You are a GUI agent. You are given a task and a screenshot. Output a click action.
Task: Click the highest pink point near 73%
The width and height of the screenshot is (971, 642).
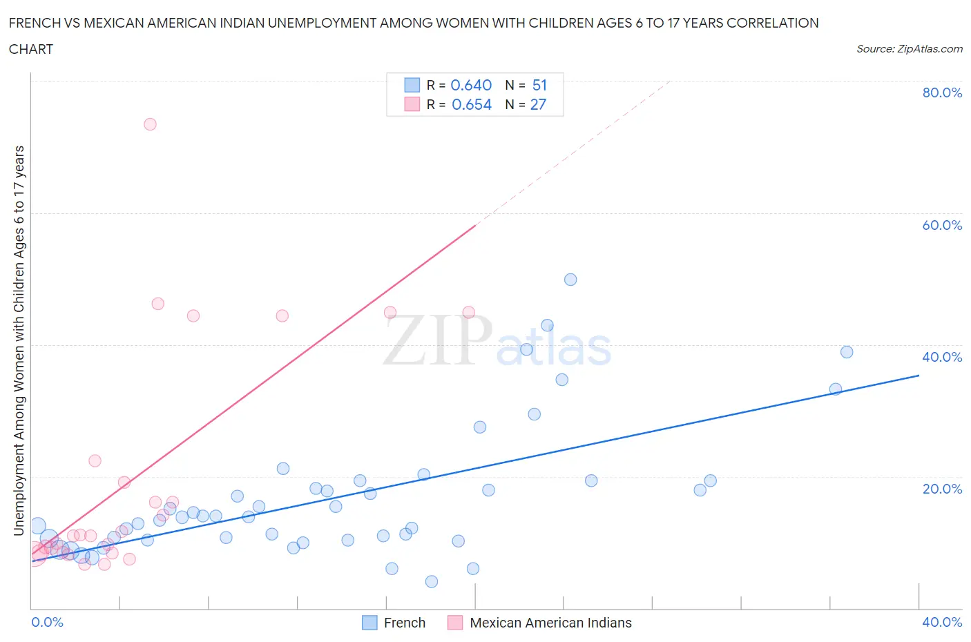coord(150,124)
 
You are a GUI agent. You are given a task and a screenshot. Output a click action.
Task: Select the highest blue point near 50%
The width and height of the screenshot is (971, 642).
coord(570,280)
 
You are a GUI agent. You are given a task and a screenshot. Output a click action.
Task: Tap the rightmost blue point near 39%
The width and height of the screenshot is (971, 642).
coord(847,352)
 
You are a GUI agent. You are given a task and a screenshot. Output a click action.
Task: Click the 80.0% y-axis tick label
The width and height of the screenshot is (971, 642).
coord(942,93)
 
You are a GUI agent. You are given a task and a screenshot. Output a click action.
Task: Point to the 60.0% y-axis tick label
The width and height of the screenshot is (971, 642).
coord(942,225)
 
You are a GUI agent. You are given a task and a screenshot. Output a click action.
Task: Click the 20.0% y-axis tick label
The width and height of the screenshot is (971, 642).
coord(942,489)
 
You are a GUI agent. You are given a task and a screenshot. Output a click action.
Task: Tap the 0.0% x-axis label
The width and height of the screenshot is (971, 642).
coord(47,622)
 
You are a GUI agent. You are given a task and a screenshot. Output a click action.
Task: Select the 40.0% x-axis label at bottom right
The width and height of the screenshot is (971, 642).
coord(942,622)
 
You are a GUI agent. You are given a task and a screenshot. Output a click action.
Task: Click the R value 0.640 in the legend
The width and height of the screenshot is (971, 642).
coord(471,85)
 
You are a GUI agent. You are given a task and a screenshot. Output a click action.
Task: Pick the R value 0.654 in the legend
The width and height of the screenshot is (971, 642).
coord(472,104)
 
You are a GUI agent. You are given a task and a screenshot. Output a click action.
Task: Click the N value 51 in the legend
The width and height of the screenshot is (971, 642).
coord(539,85)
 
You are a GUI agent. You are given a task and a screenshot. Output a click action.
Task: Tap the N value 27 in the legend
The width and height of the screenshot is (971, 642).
coord(538,104)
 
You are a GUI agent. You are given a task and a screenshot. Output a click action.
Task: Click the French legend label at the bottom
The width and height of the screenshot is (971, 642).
coord(405,623)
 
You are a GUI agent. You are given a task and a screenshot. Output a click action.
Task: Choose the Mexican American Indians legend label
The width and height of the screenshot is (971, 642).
coord(550,623)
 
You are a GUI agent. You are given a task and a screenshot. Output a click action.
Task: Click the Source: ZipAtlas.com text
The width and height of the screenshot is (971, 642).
coord(909,48)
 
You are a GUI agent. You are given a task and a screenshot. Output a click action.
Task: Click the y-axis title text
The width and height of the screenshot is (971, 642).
coord(19,340)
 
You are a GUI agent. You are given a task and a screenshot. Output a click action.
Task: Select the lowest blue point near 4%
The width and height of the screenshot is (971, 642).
coord(432,581)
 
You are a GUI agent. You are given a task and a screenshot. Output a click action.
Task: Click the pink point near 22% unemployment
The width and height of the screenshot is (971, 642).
coord(95,460)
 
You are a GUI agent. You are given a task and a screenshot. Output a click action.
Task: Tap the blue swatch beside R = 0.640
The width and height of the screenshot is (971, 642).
coord(412,85)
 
